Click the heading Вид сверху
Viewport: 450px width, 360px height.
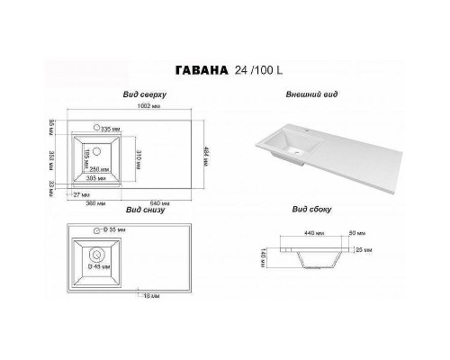142,95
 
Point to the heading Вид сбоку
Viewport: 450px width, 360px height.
311,210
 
